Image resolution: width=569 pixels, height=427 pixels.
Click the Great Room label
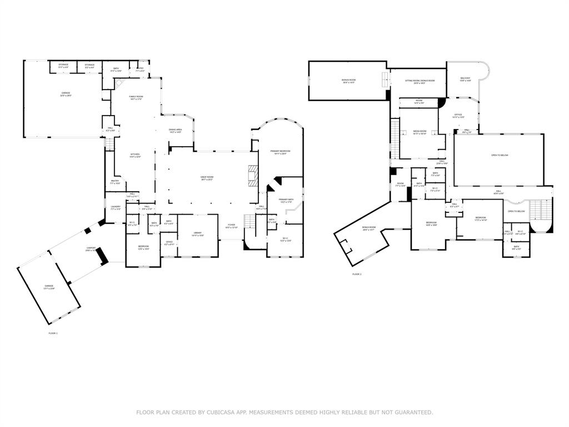pyautogui.click(x=207, y=178)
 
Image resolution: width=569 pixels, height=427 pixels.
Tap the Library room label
pyautogui.click(x=197, y=234)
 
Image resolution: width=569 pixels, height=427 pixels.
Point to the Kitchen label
pyautogui.click(x=135, y=155)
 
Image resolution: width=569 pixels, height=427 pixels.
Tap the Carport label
pyautogui.click(x=91, y=249)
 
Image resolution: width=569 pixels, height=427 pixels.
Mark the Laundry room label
pyautogui.click(x=115, y=208)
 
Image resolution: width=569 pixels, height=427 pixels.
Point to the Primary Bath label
pyautogui.click(x=286, y=201)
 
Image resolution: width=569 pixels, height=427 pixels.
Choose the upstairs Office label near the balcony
pyautogui.click(x=458, y=116)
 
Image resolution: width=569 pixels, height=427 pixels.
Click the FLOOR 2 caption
pyautogui.click(x=357, y=274)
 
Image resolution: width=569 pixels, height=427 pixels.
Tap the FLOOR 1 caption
pyautogui.click(x=53, y=333)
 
